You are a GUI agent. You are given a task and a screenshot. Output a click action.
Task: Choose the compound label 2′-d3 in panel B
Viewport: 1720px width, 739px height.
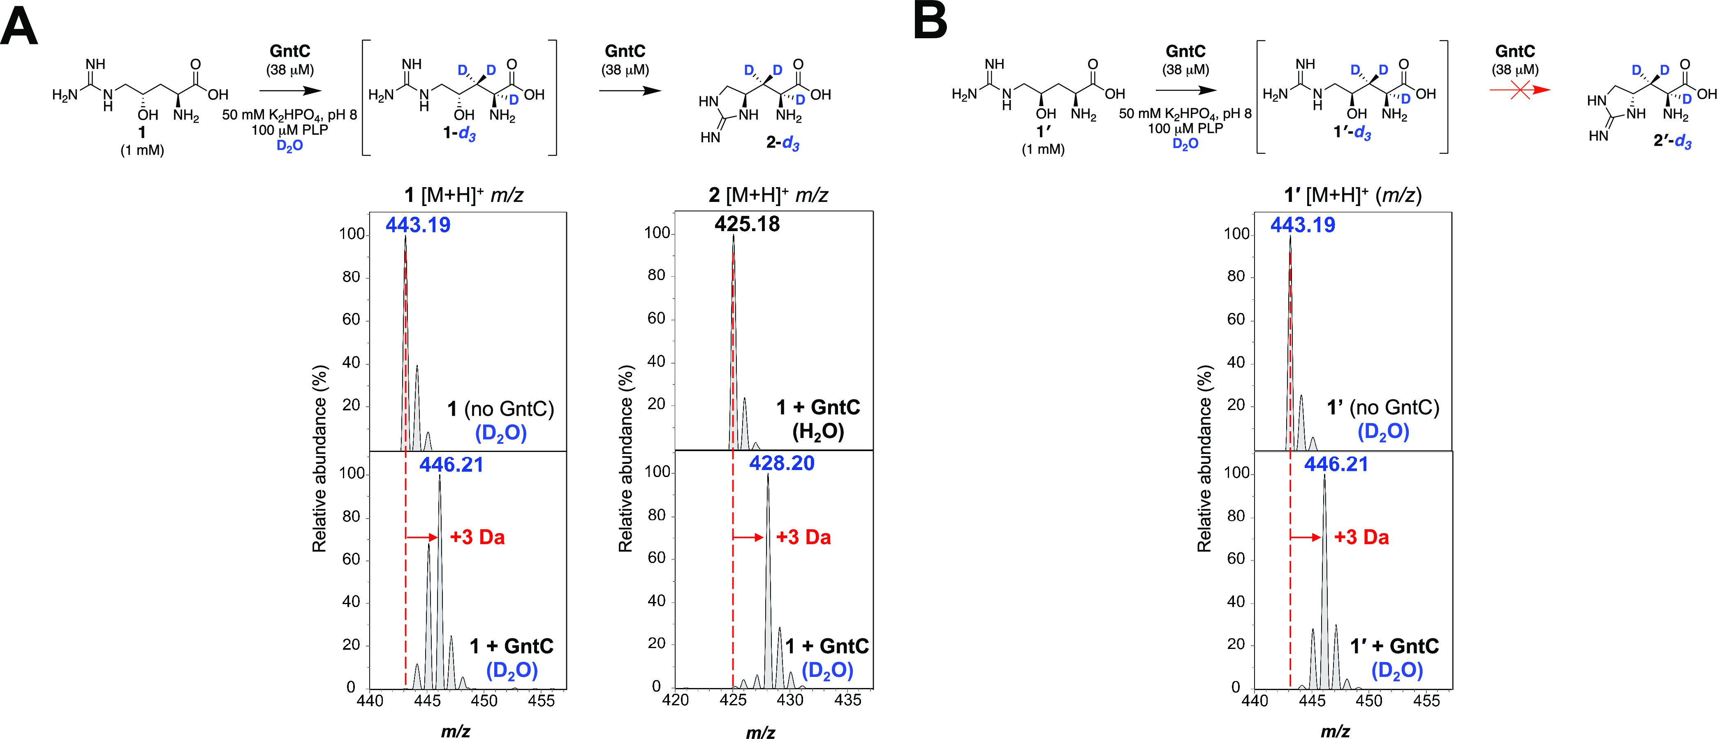[1672, 141]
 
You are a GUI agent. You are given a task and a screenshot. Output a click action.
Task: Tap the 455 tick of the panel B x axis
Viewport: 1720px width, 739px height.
[1426, 701]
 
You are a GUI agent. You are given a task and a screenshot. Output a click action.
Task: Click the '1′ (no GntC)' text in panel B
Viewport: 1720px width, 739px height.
[1383, 407]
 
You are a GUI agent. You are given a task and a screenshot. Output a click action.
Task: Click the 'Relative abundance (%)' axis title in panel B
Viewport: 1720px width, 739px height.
[1204, 459]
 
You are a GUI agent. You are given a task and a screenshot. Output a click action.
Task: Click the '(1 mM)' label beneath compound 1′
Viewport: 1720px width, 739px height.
[1043, 149]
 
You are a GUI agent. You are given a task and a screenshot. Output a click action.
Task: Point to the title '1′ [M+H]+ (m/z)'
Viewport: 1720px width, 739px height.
[1353, 195]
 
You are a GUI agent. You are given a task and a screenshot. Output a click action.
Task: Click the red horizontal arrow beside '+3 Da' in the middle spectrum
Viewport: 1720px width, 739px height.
[748, 537]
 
